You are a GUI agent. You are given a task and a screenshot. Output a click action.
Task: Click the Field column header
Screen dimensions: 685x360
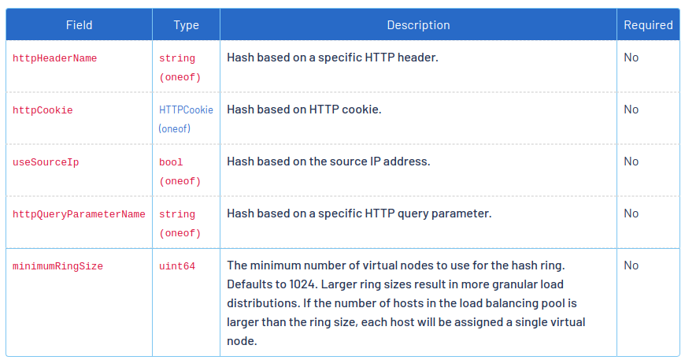[79, 25]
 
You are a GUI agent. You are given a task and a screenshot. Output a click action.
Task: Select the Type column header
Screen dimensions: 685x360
[186, 25]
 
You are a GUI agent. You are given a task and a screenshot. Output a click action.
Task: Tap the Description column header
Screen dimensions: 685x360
[418, 25]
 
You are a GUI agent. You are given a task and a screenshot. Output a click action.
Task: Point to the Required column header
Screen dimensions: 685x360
[648, 25]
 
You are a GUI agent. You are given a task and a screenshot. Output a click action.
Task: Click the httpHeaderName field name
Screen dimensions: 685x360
[55, 58]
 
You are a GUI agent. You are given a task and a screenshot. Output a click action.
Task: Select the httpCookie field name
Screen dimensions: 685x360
[43, 110]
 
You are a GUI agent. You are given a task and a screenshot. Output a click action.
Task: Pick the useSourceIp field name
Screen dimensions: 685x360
[46, 162]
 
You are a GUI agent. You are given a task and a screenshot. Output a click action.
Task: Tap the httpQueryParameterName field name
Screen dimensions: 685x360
[79, 214]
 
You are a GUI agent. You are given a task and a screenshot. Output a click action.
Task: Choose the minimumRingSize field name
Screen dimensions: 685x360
[57, 266]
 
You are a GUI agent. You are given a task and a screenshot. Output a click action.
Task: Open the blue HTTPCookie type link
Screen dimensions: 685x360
[186, 110]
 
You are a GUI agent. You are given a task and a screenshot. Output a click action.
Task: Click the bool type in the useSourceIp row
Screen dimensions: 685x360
[171, 162]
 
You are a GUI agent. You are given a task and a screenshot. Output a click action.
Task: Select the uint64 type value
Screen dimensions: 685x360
[177, 266]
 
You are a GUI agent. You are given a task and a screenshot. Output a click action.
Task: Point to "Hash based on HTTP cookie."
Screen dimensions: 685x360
[304, 109]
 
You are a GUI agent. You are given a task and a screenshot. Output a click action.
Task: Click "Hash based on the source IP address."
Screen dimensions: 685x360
[328, 161]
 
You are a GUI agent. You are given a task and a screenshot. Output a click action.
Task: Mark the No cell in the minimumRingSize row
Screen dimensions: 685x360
[631, 265]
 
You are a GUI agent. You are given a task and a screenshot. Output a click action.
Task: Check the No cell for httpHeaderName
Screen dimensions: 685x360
[631, 58]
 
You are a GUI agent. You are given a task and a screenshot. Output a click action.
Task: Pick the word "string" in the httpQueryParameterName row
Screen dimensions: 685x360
[177, 214]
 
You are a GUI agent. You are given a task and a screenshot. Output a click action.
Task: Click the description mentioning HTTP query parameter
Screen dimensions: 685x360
[359, 213]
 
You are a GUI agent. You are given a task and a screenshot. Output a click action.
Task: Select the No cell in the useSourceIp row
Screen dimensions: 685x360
[631, 161]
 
